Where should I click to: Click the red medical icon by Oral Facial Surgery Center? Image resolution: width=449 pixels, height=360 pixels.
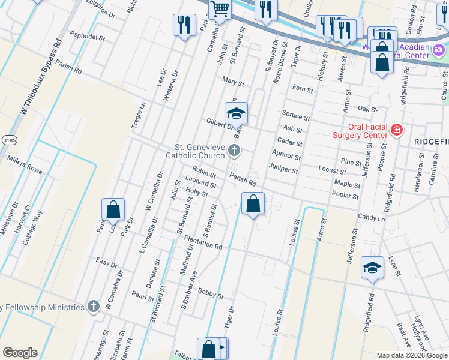point(396,129)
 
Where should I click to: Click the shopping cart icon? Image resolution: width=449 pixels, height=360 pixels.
point(220,9)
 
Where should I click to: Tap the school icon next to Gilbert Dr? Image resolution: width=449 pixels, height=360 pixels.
point(236,113)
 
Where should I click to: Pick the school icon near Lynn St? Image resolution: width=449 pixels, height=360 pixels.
point(372,268)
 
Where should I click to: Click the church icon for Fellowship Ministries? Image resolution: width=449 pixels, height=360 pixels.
point(93,307)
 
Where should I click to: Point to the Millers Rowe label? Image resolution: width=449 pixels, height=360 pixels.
point(24,165)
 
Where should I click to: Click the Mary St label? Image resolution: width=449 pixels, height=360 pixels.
point(233,82)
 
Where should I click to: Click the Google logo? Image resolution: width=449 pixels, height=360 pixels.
point(20,353)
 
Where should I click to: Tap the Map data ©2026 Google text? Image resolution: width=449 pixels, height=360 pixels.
point(411,355)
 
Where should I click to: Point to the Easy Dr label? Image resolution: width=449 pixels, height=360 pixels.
point(106,263)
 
